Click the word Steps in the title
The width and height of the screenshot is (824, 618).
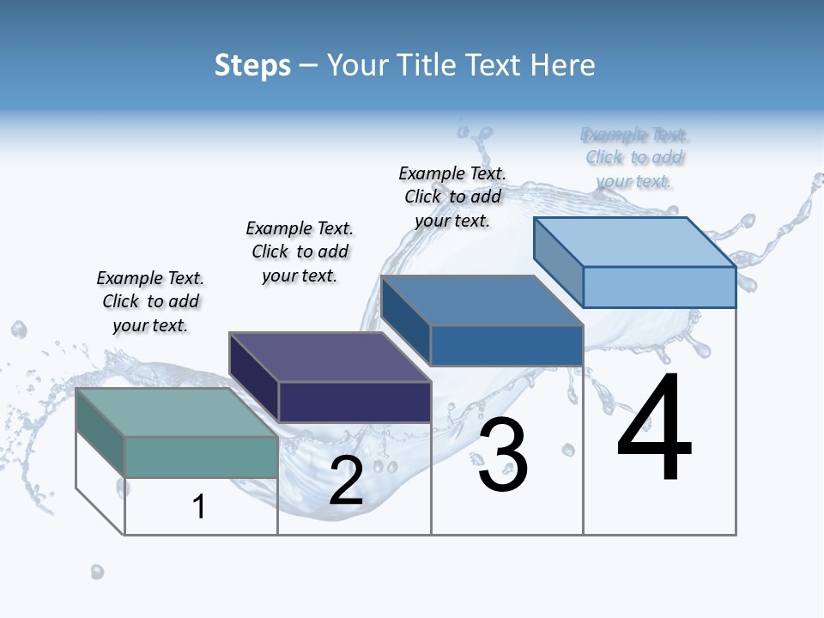point(251,65)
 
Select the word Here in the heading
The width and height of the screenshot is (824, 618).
point(562,65)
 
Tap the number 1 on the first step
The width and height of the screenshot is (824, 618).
point(199,507)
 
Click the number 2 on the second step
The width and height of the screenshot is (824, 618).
point(346,481)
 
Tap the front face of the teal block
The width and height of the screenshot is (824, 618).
point(201,457)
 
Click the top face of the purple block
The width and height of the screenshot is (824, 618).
point(329,356)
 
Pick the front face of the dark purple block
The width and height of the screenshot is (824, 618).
point(354,402)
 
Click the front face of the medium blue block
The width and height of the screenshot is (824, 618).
point(506,345)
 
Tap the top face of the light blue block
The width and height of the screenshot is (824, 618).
point(635,241)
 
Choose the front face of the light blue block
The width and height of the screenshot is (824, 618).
point(658,287)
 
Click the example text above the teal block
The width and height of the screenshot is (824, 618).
point(150,301)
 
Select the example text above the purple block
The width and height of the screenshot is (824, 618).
point(300,251)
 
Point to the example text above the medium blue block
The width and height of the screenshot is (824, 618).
point(452,197)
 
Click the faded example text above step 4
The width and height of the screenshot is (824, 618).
point(634,158)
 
